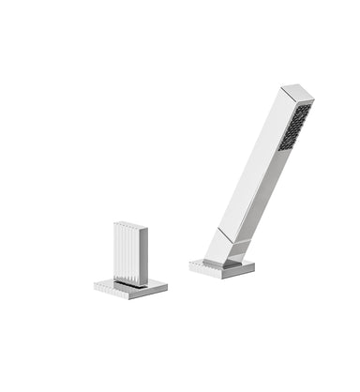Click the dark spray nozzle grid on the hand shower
(x=296, y=127)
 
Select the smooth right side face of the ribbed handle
(x=143, y=250)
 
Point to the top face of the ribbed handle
(x=131, y=224)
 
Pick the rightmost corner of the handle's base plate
(x=167, y=285)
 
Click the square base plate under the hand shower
(x=225, y=266)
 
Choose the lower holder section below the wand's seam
(x=225, y=248)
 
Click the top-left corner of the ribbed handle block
(x=114, y=225)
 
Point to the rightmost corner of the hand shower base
(x=255, y=267)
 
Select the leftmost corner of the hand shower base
(x=189, y=264)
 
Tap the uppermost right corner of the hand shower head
(x=313, y=98)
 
